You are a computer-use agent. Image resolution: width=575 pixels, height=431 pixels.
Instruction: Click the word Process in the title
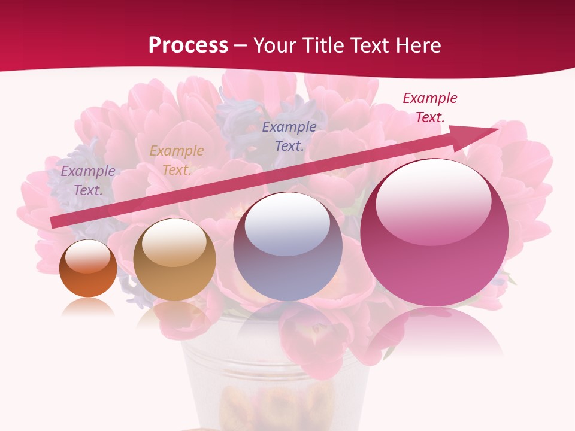(188, 45)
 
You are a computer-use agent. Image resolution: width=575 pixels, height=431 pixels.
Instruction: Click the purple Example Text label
(88, 181)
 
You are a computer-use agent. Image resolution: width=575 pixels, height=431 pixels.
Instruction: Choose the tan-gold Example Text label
(177, 160)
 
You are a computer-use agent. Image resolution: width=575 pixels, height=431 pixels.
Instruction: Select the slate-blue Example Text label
(289, 136)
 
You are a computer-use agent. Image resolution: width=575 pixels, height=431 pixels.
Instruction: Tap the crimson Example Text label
(430, 108)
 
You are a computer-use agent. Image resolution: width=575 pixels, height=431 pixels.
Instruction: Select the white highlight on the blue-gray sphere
(287, 224)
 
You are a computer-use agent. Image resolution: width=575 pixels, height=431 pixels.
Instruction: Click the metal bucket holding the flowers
(276, 383)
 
